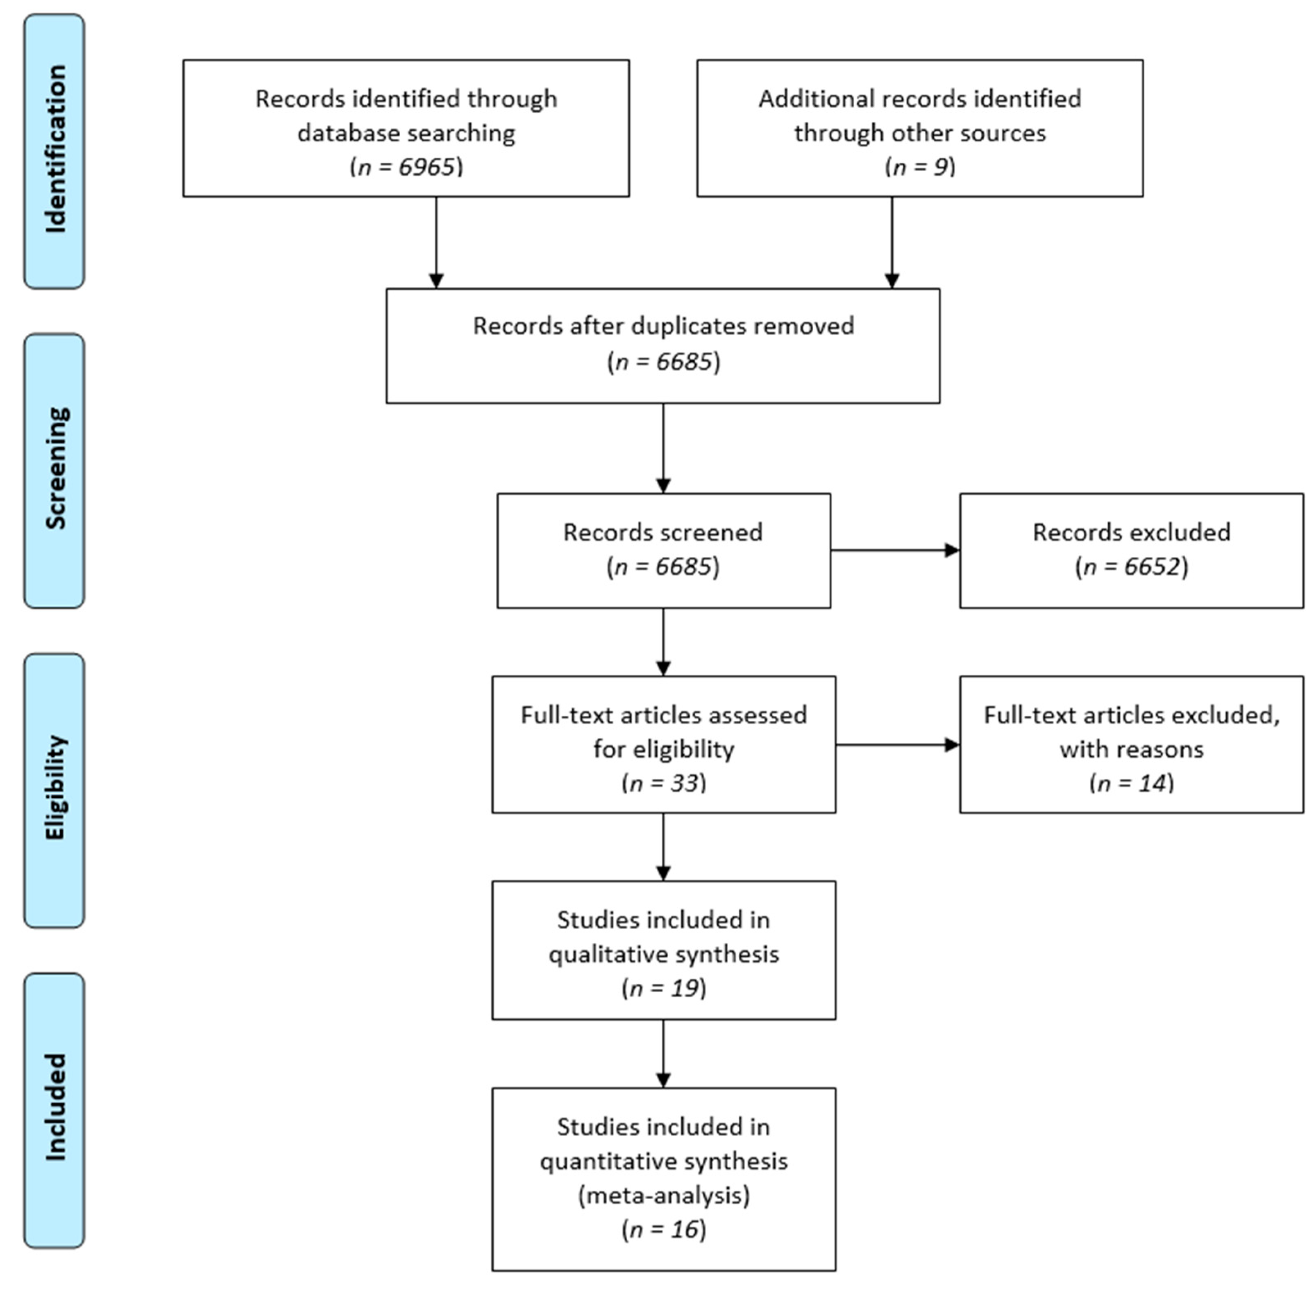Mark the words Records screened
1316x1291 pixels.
(663, 532)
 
